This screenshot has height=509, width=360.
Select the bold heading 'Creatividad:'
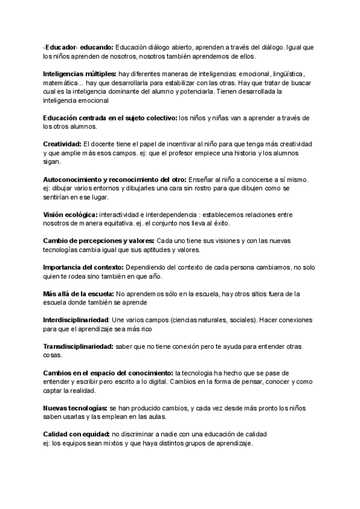click(63, 145)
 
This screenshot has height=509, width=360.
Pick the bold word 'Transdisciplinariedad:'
click(78, 347)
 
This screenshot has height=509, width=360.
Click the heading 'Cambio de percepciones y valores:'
click(99, 241)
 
